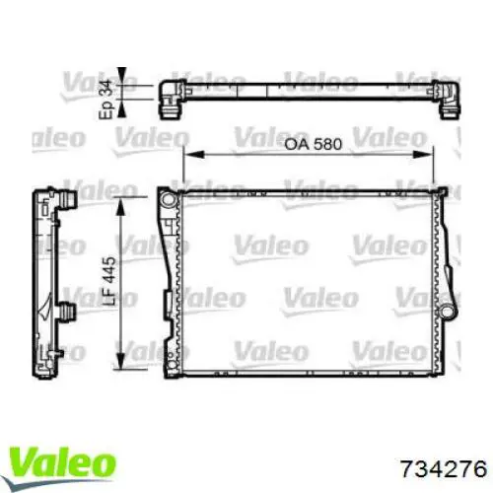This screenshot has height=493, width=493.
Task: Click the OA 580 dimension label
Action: tap(314, 144)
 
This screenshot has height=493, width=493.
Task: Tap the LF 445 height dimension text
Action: tap(110, 273)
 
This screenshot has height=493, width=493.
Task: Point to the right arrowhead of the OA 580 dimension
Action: tap(431, 154)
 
